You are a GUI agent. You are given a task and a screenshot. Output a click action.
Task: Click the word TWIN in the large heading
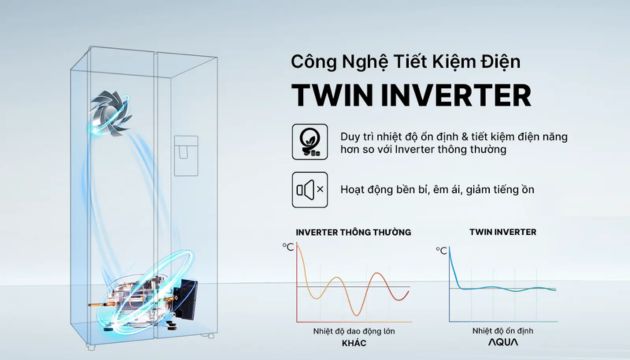pyautogui.click(x=336, y=95)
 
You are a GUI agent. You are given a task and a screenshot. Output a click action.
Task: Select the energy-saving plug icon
pyautogui.click(x=308, y=141)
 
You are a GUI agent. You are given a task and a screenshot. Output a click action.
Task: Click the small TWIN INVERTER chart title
pyautogui.click(x=502, y=232)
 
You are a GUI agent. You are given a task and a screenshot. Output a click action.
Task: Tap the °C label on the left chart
pyautogui.click(x=287, y=245)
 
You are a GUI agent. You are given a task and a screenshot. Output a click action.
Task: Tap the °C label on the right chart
pyautogui.click(x=441, y=245)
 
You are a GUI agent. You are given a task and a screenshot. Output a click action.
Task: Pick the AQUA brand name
pyautogui.click(x=502, y=343)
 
